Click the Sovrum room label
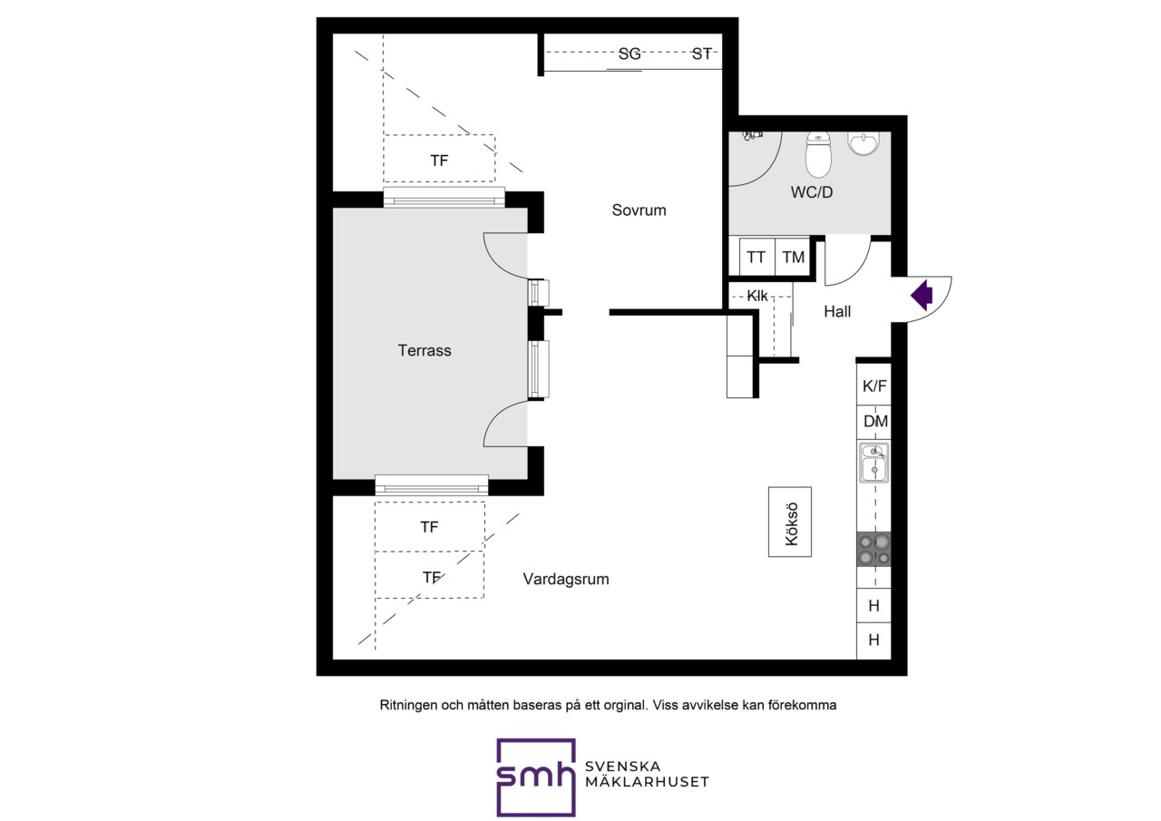pyautogui.click(x=639, y=210)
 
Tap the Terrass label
pyautogui.click(x=424, y=350)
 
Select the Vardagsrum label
pyautogui.click(x=566, y=579)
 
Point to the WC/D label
pyautogui.click(x=812, y=192)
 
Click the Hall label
pyautogui.click(x=837, y=311)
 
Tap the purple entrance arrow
pyautogui.click(x=922, y=296)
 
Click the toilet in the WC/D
pyautogui.click(x=818, y=154)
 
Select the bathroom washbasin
pyautogui.click(x=864, y=143)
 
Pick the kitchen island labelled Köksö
pyautogui.click(x=790, y=522)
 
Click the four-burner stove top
pyautogui.click(x=873, y=550)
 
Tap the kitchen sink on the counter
pyautogui.click(x=873, y=463)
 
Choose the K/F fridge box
pyautogui.click(x=873, y=385)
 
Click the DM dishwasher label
pyautogui.click(x=875, y=421)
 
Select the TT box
pyautogui.click(x=756, y=257)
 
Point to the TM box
pyautogui.click(x=793, y=257)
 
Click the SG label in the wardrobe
pyautogui.click(x=629, y=54)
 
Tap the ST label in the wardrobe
pyautogui.click(x=702, y=54)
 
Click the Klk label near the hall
pyautogui.click(x=756, y=296)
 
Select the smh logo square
pyautogui.click(x=536, y=777)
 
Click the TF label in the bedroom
pyautogui.click(x=439, y=161)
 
